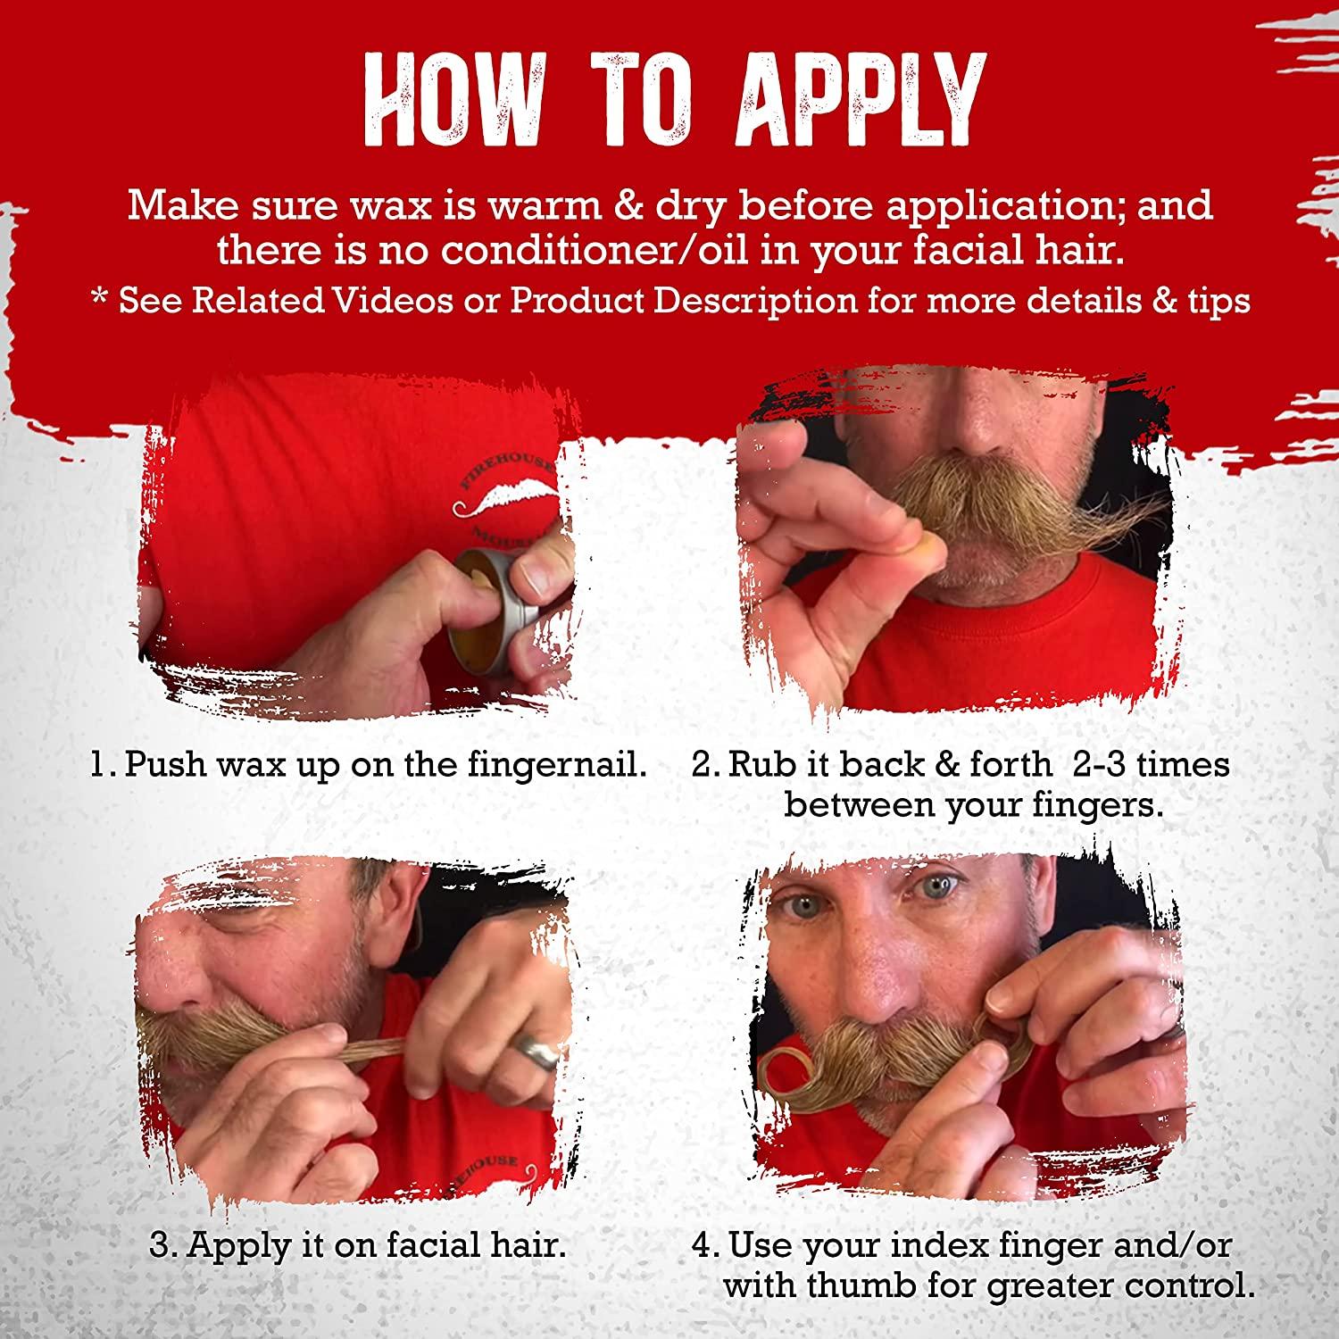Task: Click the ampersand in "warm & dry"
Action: click(572, 206)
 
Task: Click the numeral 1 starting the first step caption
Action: click(97, 765)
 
